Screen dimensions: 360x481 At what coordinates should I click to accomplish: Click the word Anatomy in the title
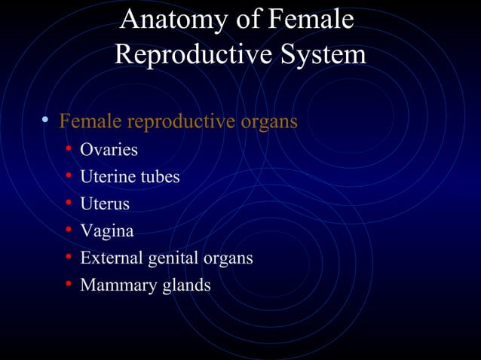164,20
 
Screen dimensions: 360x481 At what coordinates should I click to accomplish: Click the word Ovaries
109,150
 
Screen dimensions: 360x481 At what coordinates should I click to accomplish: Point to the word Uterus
105,204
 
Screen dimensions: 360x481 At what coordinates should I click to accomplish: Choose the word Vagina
106,231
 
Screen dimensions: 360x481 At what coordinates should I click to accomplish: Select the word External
109,258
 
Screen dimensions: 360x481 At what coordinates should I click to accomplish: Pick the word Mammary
112,285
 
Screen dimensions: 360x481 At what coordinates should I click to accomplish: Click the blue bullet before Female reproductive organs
46,121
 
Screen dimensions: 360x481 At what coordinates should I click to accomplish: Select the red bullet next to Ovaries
68,149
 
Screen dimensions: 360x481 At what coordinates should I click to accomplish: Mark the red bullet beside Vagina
68,230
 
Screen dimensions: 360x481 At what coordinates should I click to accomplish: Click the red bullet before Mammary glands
68,285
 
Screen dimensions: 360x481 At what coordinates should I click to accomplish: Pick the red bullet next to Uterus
68,203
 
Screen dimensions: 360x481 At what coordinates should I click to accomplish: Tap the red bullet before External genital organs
68,258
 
